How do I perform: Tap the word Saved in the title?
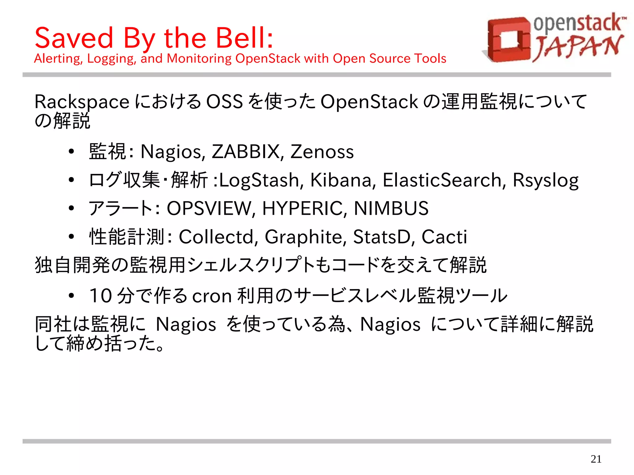click(x=74, y=38)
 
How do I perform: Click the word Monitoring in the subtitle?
click(x=199, y=58)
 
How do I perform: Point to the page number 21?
click(x=596, y=459)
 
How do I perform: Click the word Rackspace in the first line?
click(x=82, y=102)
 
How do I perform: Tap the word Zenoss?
click(x=322, y=152)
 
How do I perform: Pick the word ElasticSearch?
click(x=442, y=180)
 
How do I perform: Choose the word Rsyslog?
click(x=545, y=181)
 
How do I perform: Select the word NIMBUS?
click(x=391, y=208)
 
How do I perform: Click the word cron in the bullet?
click(x=212, y=296)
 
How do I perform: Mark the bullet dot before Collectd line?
click(x=72, y=237)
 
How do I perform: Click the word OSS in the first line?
click(x=224, y=102)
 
